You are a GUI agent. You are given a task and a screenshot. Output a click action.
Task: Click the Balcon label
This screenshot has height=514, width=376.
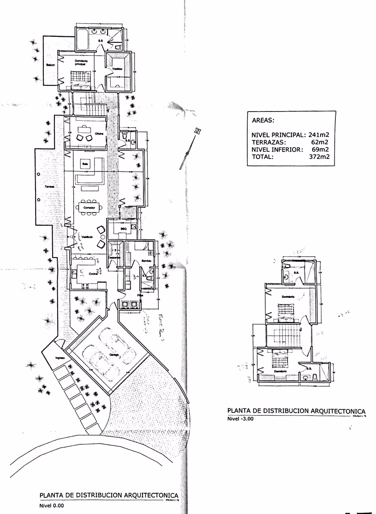pos(50,65)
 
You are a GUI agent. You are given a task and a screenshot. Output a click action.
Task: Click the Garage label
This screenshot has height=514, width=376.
pos(114,354)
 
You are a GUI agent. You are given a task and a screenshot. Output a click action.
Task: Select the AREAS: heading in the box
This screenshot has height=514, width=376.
pos(263,121)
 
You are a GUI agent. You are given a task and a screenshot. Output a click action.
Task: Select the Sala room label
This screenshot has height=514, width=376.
pos(85,164)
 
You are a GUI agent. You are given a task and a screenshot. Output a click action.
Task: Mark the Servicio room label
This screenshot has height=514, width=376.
pos(146,261)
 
